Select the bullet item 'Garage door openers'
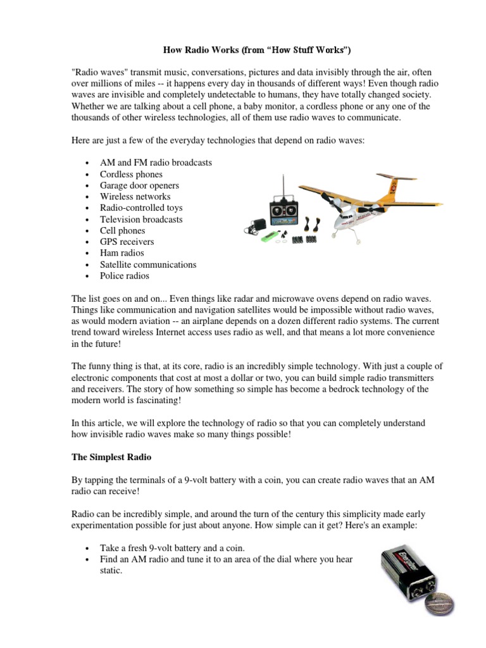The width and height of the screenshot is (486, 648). pos(139,185)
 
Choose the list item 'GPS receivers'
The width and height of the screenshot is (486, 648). pos(127,242)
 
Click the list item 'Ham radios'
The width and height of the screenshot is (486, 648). pos(122,253)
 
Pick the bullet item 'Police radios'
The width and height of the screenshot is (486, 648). pos(125,276)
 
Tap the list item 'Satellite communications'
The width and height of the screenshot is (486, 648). pos(147,265)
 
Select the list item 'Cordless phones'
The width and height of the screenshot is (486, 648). pos(131,174)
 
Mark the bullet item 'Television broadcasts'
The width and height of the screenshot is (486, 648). pos(141,220)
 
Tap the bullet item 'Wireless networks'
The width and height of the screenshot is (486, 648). pos(135,197)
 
